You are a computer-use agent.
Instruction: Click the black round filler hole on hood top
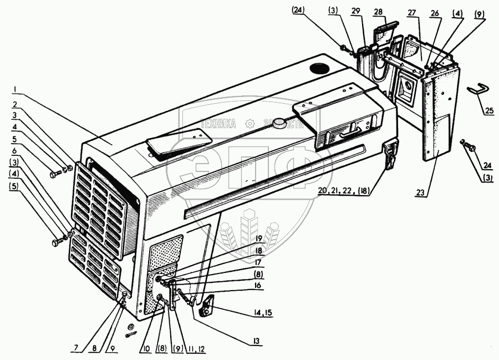[x=320, y=69]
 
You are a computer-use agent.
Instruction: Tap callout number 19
[x=258, y=239]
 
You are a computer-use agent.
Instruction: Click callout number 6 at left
[x=17, y=150]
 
